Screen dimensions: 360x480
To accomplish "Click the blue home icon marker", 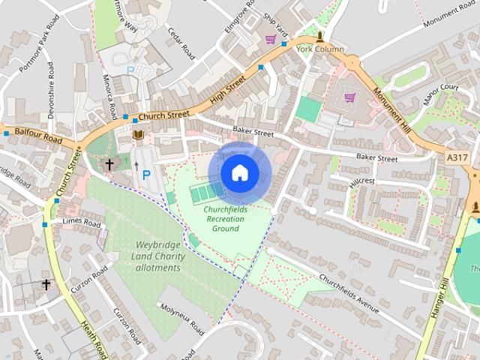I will pyautogui.click(x=239, y=172).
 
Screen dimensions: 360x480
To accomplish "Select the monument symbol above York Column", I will pyautogui.click(x=320, y=36).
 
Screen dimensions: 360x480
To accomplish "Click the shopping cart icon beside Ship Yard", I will pyautogui.click(x=270, y=39).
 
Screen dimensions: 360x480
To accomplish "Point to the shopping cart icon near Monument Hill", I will pyautogui.click(x=349, y=97).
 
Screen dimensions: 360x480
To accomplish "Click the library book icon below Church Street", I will pyautogui.click(x=138, y=135).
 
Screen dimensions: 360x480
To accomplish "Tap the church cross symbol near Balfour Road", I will pyautogui.click(x=109, y=163).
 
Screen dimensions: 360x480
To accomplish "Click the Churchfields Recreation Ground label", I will pyautogui.click(x=225, y=218).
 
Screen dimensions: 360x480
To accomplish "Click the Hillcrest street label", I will pyautogui.click(x=362, y=181).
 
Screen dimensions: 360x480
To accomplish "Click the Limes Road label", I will pyautogui.click(x=82, y=223).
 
